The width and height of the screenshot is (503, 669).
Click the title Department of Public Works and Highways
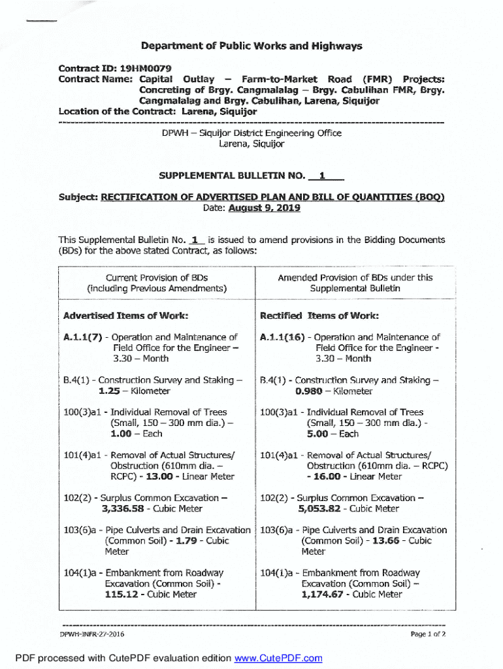pyautogui.click(x=252, y=46)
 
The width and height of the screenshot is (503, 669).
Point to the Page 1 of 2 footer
pyautogui.click(x=428, y=634)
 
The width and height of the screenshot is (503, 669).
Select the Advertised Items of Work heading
pyautogui.click(x=125, y=316)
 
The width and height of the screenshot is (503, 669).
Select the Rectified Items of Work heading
pyautogui.click(x=319, y=316)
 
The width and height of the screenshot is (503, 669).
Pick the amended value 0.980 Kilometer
pyautogui.click(x=310, y=391)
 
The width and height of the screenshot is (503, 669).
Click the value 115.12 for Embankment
pyautogui.click(x=124, y=595)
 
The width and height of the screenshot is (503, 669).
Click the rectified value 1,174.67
pyautogui.click(x=322, y=595)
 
